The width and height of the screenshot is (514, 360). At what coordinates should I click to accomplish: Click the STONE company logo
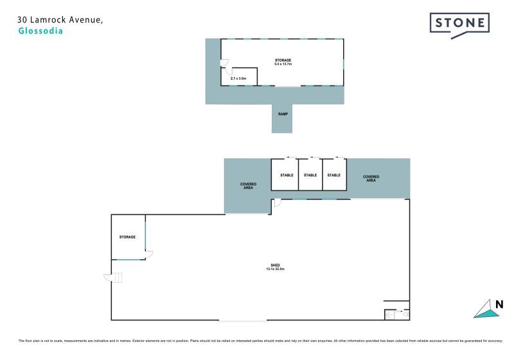tap(459, 24)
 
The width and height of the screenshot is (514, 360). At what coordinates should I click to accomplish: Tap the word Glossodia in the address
tap(41, 31)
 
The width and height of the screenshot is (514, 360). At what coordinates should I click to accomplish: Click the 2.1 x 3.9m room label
tap(239, 78)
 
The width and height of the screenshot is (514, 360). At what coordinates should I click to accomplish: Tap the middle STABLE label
tap(310, 175)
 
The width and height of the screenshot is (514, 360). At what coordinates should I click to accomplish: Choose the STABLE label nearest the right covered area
tap(333, 175)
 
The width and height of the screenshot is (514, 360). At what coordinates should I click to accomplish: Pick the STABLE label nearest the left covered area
tap(287, 175)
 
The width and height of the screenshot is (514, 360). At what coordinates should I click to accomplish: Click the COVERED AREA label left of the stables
tap(248, 186)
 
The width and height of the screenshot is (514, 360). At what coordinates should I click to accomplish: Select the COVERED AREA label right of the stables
tap(371, 178)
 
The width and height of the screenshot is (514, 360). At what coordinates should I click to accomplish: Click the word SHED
tap(274, 264)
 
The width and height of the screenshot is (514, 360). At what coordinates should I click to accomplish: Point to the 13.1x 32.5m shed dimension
tap(274, 269)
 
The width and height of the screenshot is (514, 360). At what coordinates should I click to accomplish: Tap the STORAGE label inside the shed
tap(127, 237)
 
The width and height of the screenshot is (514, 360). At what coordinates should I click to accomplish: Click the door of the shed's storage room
tap(148, 255)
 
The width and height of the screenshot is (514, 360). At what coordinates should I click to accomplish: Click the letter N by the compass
tap(498, 305)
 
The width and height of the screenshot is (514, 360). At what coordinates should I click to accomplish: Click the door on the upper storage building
tap(224, 64)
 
